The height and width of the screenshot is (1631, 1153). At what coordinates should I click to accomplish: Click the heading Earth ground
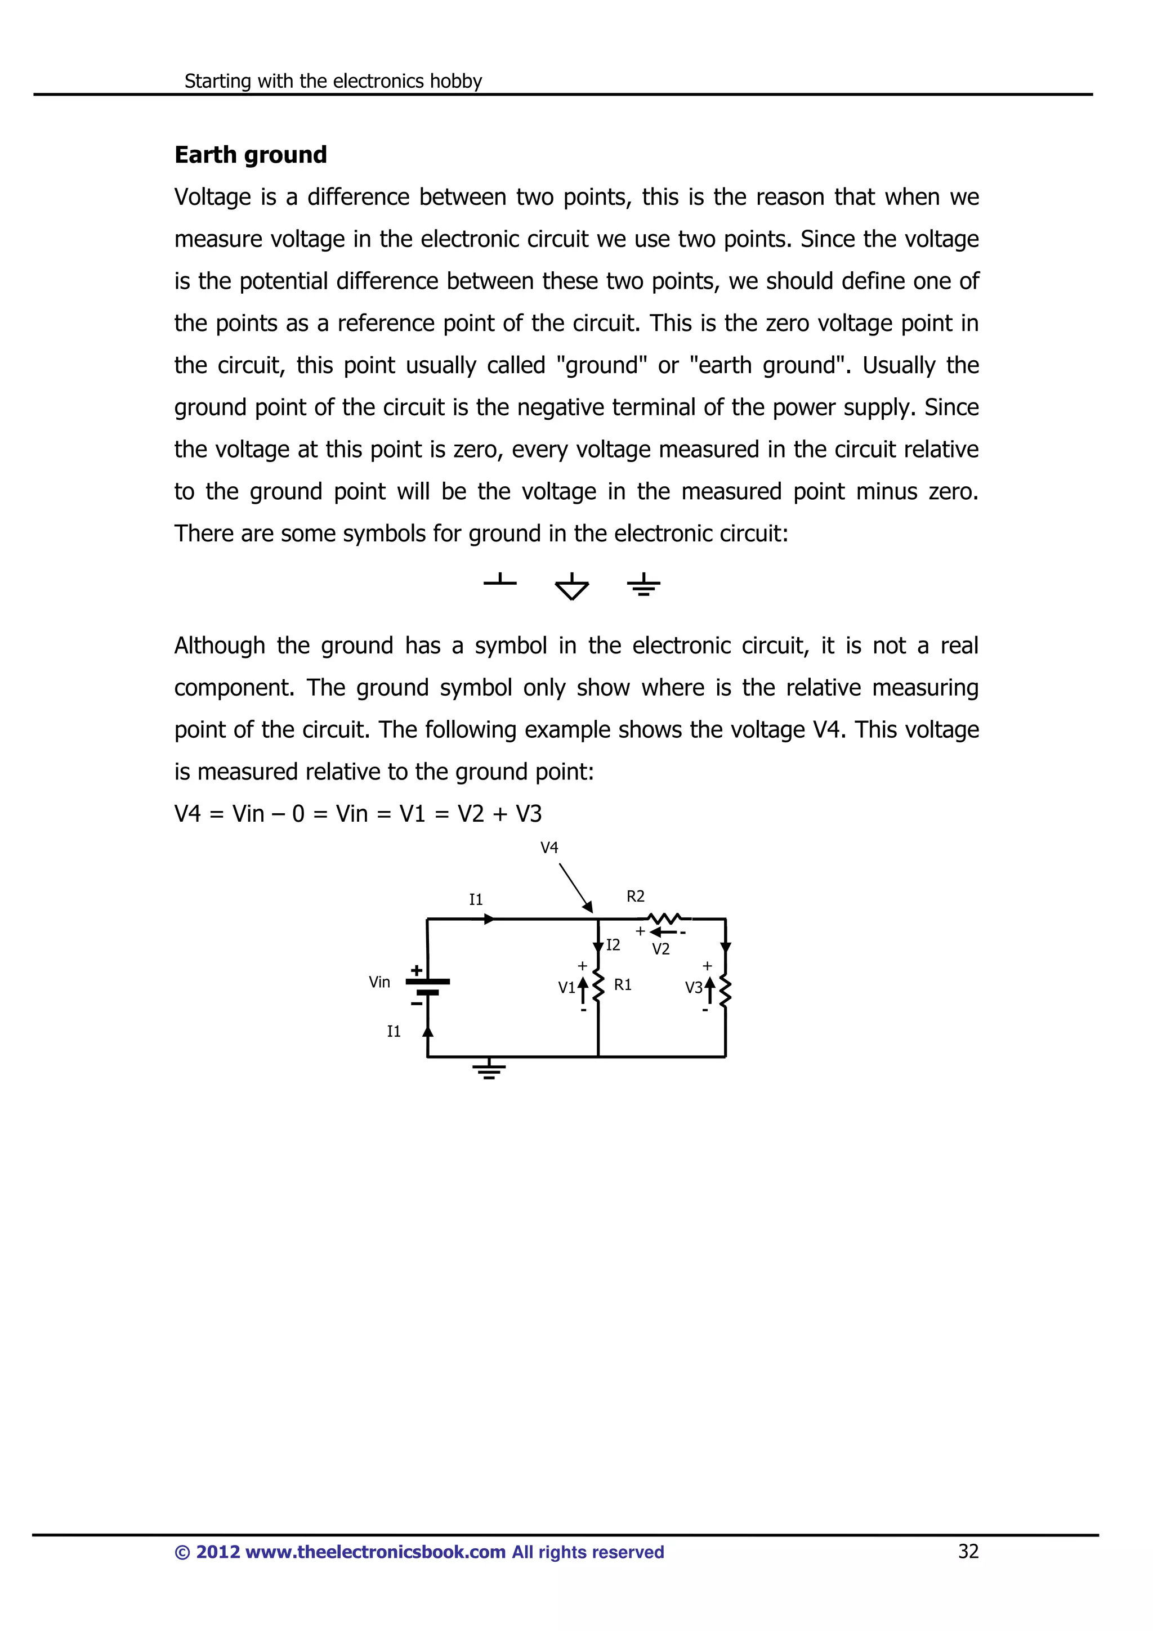tap(250, 155)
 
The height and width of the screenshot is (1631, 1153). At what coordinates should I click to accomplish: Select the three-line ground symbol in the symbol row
tap(643, 585)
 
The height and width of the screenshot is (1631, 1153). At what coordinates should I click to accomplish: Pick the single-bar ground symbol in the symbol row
tap(500, 581)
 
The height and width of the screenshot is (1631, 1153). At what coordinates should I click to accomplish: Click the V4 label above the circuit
tap(549, 848)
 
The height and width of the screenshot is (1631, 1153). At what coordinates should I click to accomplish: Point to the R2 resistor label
tap(635, 897)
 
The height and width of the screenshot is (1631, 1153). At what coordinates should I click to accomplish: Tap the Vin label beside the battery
tap(379, 983)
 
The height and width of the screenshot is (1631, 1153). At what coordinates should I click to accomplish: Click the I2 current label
tap(613, 945)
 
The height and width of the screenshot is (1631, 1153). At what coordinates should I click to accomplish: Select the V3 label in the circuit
tap(694, 987)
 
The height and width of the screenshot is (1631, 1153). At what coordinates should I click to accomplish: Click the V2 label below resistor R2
tap(661, 949)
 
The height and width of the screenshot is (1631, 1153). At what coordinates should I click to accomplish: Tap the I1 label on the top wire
tap(475, 900)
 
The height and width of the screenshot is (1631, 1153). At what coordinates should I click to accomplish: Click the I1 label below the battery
tap(394, 1032)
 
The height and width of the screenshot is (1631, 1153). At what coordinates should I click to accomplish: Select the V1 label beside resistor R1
tap(566, 987)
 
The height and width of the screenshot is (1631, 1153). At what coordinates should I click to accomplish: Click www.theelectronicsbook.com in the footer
tap(375, 1552)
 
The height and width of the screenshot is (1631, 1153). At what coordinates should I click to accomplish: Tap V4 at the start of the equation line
tap(187, 814)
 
